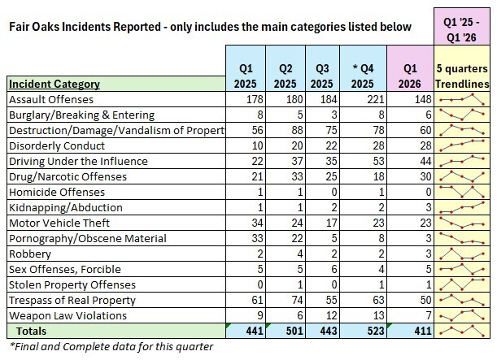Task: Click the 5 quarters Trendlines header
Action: (x=464, y=75)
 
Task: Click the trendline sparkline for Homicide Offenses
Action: (x=464, y=192)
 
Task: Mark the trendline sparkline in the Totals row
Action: (x=464, y=331)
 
